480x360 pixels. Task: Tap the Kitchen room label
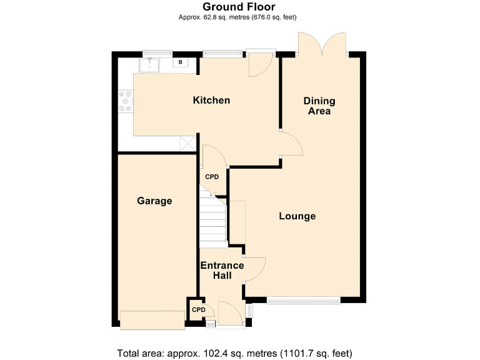pos(211,100)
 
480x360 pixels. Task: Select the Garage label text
pos(154,201)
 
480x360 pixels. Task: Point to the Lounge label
pos(297,216)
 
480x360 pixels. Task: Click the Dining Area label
pos(319,106)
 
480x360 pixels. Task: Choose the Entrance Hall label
pos(222,270)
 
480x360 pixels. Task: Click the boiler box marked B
pos(181,62)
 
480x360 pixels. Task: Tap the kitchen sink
pos(150,64)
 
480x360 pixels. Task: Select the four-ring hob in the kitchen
pos(126,101)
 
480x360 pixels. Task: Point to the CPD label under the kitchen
pos(212,177)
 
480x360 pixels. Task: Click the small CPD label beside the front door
pos(198,310)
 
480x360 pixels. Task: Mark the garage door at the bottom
pos(152,320)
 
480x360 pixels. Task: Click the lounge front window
pos(304,301)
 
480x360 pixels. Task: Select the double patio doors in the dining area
pos(323,45)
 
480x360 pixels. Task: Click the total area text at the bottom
pos(239,351)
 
